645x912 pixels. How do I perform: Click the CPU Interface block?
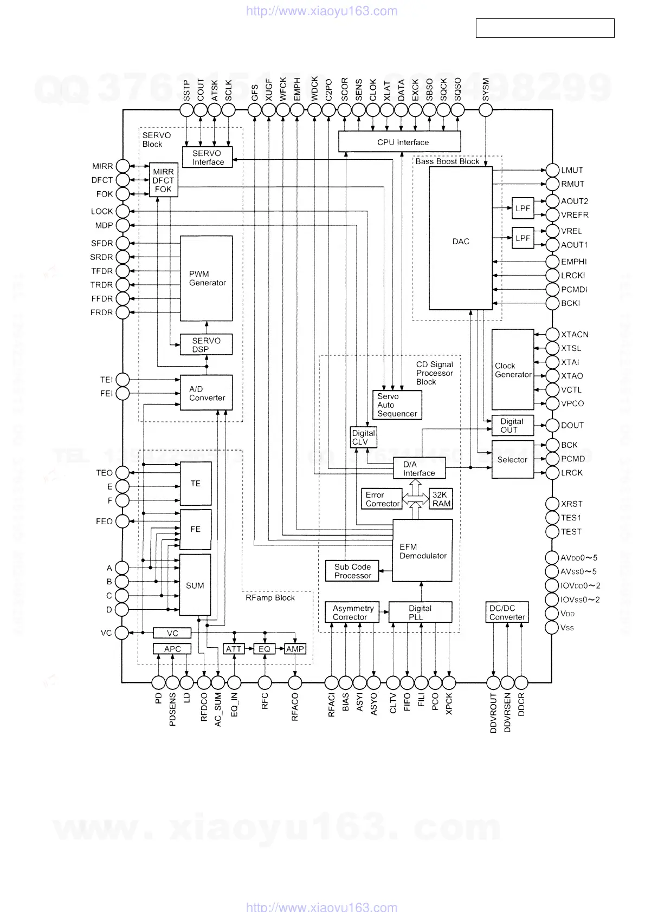(x=399, y=142)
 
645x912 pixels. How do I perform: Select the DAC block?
(x=461, y=238)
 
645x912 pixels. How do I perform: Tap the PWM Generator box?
(x=207, y=278)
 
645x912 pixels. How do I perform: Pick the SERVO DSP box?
(x=207, y=344)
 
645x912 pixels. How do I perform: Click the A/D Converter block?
(x=207, y=393)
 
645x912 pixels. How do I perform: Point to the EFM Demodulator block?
(x=422, y=550)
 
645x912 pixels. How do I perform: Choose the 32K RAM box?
(x=441, y=499)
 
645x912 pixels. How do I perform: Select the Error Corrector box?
(x=382, y=499)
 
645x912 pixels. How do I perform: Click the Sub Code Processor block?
(x=352, y=571)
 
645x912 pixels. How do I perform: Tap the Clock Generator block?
(x=513, y=369)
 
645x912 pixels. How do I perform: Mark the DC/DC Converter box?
(x=507, y=613)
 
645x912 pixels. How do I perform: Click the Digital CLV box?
(x=363, y=437)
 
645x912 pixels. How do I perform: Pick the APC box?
(x=172, y=649)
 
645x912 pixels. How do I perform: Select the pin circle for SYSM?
(x=486, y=110)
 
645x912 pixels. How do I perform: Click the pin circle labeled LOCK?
(x=123, y=211)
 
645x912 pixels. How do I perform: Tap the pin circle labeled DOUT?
(x=552, y=425)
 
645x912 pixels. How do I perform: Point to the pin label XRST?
(x=571, y=504)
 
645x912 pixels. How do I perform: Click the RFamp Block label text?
(x=270, y=598)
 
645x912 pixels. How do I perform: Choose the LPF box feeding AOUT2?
(x=523, y=208)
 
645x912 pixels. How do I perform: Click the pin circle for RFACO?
(x=295, y=682)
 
